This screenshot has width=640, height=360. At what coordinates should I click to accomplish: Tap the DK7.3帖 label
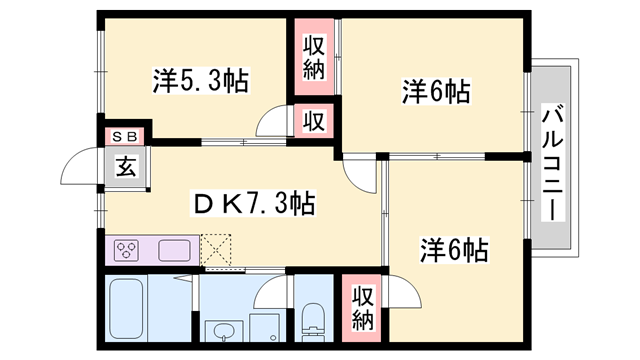254,203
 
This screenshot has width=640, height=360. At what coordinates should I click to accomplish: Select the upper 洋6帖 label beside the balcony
436,93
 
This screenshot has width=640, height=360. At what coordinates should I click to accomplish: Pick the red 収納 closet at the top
313,59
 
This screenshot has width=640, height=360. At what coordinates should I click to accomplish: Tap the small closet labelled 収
313,122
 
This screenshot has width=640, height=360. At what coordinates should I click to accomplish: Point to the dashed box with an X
215,250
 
